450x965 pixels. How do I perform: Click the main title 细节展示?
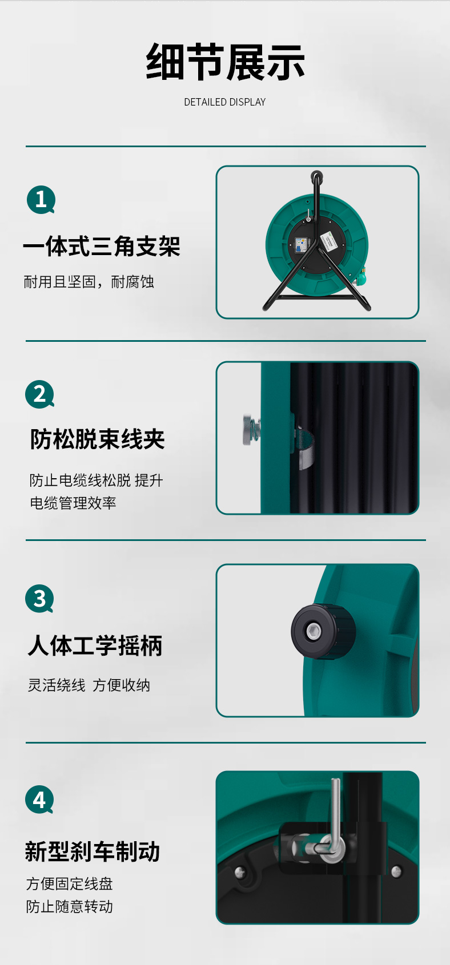[226, 62]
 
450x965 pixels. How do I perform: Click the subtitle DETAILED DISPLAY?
[224, 102]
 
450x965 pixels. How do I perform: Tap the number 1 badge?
[41, 200]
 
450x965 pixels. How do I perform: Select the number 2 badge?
[39, 394]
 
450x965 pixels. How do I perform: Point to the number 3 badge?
[39, 599]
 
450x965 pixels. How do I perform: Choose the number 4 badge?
[39, 800]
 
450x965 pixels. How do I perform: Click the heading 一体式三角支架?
[102, 247]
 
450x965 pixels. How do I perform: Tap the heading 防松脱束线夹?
[98, 439]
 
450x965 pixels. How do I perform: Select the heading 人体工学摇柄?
[95, 646]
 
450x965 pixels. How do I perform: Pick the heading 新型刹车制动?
[93, 851]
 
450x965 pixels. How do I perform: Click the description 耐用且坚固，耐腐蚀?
[89, 282]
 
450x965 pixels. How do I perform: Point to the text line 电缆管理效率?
[73, 503]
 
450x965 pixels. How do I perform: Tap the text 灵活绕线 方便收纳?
[89, 685]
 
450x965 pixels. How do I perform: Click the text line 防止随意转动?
[70, 906]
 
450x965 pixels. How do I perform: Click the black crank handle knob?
[323, 632]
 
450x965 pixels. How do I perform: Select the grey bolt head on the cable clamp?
[249, 430]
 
